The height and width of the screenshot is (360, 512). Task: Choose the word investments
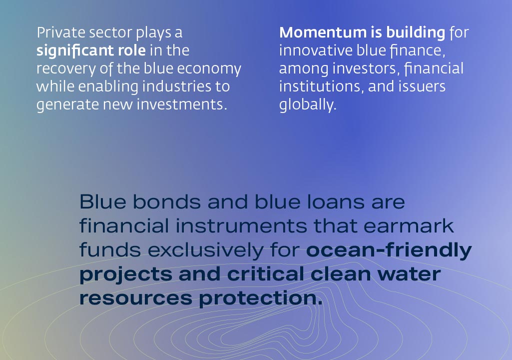[181, 104]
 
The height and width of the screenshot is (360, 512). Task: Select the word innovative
[316, 50]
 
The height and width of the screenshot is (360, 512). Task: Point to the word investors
[366, 69]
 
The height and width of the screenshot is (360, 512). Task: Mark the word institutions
[321, 86]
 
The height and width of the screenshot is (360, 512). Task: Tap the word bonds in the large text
[166, 201]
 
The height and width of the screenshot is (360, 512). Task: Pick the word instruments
[241, 226]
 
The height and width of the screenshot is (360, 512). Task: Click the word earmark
[409, 225]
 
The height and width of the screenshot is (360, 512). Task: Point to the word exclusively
[205, 250]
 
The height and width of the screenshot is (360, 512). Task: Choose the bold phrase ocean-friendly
[389, 250]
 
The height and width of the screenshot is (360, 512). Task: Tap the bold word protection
[260, 298]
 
